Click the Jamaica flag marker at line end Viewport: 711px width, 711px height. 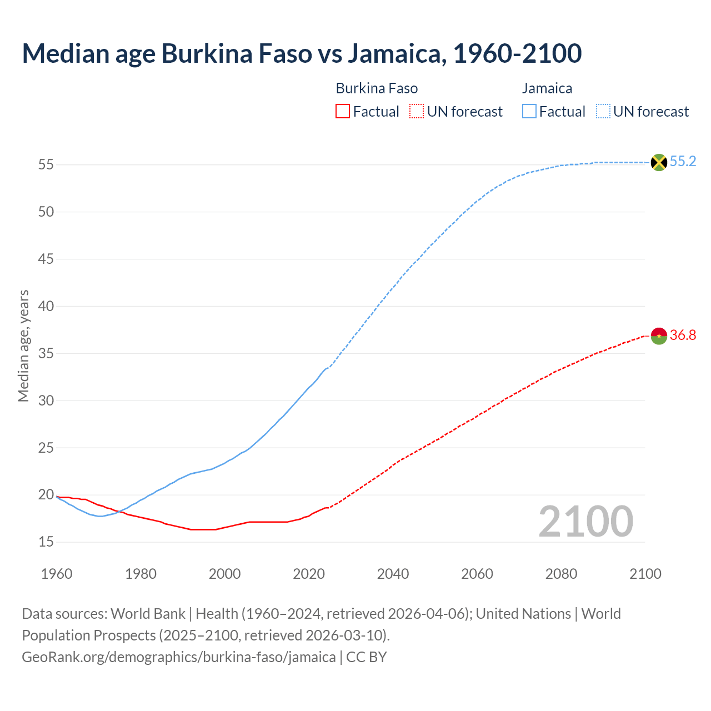659,162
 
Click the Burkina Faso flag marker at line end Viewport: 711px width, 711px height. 659,336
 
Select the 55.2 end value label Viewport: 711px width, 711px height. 683,162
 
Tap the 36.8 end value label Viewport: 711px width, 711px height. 683,335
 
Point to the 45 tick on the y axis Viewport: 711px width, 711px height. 46,259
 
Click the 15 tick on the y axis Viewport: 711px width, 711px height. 46,542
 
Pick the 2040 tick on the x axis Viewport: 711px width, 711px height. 393,574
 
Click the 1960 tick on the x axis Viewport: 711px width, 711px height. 57,574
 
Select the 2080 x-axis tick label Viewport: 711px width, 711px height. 561,574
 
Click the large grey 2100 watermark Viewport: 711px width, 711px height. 586,522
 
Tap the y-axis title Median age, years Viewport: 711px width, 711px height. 23,346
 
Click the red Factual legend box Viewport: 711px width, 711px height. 343,112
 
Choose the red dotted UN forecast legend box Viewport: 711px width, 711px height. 417,112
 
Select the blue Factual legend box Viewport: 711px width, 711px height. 529,112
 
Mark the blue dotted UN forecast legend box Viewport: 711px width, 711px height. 603,112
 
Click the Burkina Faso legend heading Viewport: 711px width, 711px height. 377,88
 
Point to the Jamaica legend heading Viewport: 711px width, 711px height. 547,88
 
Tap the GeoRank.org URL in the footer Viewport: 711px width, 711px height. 178,657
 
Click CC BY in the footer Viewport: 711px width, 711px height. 367,657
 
